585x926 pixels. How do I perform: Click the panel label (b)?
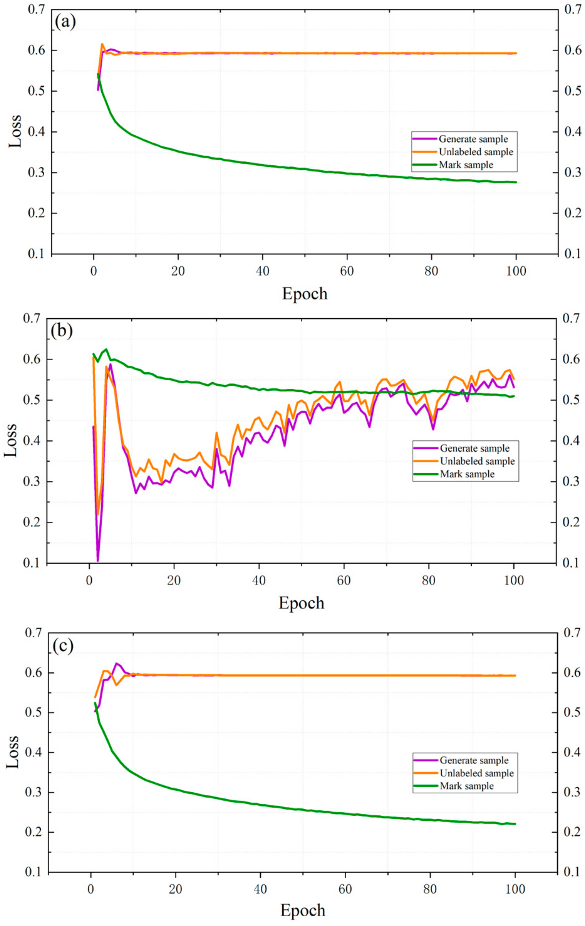click(x=62, y=331)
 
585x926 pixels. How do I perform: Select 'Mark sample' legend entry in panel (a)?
click(x=466, y=165)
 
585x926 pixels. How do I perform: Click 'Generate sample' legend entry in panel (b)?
click(x=474, y=449)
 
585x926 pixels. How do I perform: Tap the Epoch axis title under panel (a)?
click(x=305, y=294)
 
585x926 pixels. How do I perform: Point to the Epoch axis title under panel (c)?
click(x=303, y=910)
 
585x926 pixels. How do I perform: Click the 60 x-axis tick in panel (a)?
click(x=347, y=271)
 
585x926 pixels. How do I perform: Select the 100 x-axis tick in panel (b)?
click(x=514, y=580)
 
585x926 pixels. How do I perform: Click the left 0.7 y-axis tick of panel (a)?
click(x=37, y=10)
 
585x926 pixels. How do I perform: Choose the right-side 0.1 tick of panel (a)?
click(x=572, y=254)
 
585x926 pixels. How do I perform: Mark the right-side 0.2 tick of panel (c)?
click(x=572, y=832)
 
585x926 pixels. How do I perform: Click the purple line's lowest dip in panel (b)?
click(x=98, y=561)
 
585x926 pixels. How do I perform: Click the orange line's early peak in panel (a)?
click(x=102, y=44)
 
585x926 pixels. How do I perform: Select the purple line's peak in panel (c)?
click(x=117, y=663)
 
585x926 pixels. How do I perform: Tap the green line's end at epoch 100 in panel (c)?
click(x=515, y=824)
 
